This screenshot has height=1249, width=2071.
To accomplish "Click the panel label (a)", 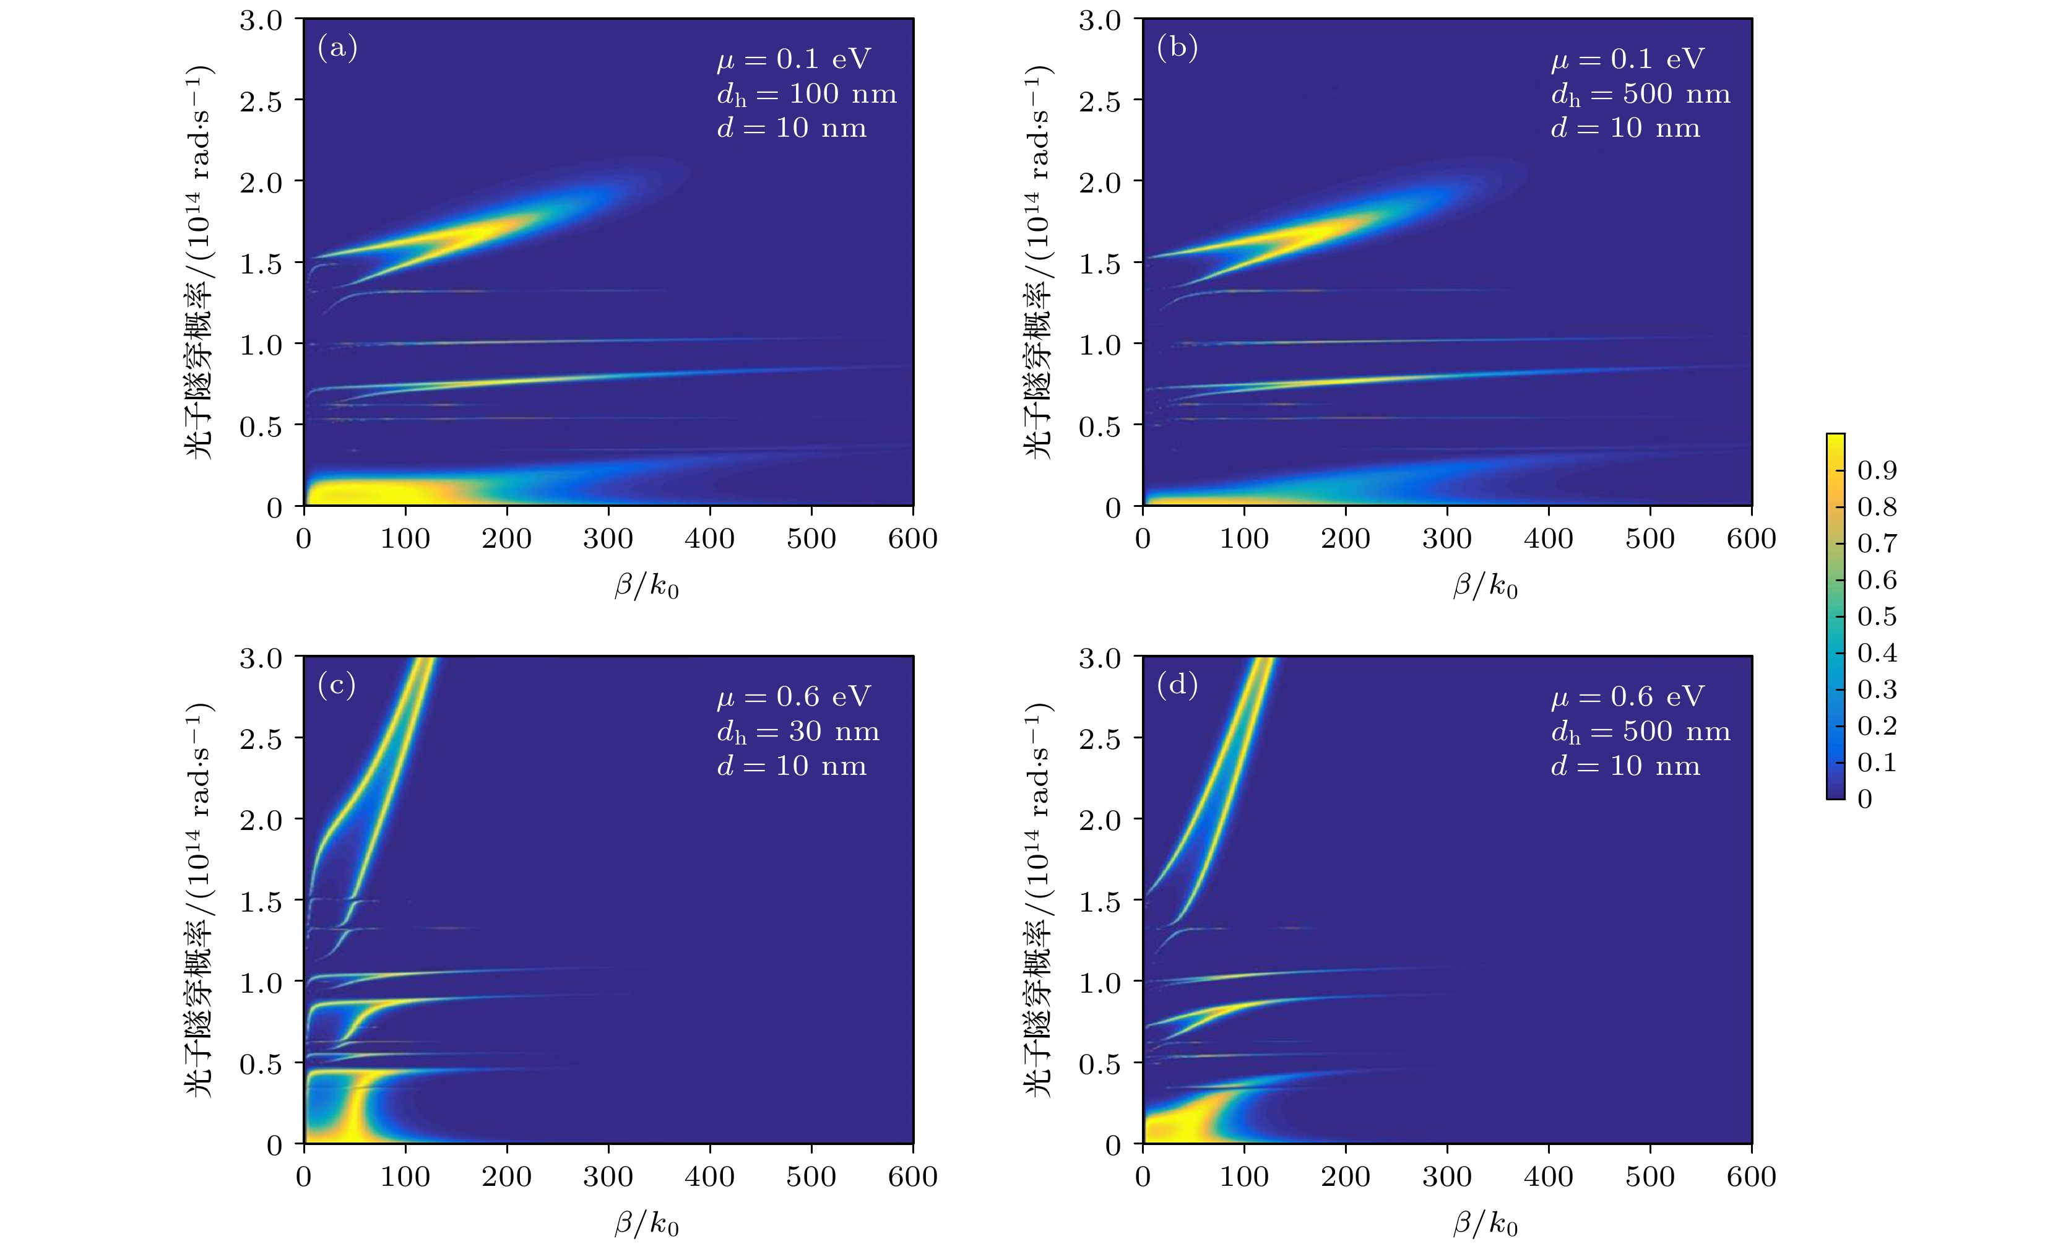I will pos(337,48).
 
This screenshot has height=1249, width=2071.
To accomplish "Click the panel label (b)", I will pos(1177,48).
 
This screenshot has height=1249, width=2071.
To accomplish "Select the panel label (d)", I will pos(1177,685).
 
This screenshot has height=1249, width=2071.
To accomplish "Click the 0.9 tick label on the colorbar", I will pos(1876,470).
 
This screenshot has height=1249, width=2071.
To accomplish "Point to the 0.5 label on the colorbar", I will pos(1876,616).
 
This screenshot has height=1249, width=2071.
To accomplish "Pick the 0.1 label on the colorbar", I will pos(1876,763).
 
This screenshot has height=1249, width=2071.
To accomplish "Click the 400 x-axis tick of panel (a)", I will pos(709,538).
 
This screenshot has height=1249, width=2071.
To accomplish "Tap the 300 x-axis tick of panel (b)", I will pos(1446,538).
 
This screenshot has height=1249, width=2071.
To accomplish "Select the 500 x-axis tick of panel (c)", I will pos(811,1176).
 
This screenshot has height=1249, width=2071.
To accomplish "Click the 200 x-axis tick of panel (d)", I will pos(1345,1176).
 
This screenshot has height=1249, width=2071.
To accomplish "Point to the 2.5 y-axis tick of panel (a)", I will pos(261,101).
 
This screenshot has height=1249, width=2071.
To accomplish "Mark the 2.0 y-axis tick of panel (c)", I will pos(261,820).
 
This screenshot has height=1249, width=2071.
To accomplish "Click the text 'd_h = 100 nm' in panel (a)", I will pos(806,94).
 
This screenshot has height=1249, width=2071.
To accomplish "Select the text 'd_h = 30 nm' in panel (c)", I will pos(798,732).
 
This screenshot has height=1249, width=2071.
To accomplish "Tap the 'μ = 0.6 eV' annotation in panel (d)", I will pos(1627,697).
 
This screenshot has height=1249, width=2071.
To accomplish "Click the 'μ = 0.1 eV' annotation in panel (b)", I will pos(1627,59).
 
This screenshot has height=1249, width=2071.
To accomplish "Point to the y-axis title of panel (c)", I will pos(199,899).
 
